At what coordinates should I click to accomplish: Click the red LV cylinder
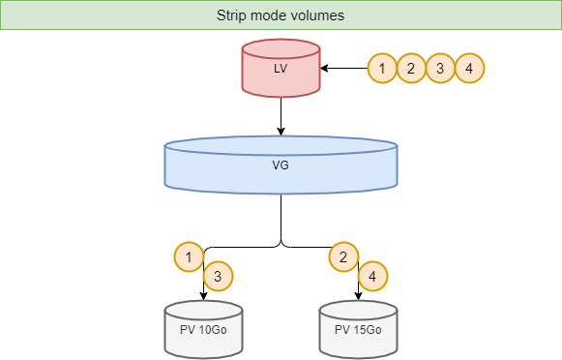pyautogui.click(x=281, y=69)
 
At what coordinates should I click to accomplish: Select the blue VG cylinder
pyautogui.click(x=281, y=164)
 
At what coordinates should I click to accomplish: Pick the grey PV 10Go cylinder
pyautogui.click(x=203, y=329)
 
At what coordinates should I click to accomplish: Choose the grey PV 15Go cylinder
pyautogui.click(x=358, y=329)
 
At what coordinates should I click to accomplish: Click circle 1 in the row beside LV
pyautogui.click(x=382, y=69)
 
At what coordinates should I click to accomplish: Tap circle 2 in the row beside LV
pyautogui.click(x=411, y=69)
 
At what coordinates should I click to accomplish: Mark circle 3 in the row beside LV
pyautogui.click(x=440, y=69)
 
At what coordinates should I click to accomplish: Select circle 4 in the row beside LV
pyautogui.click(x=469, y=69)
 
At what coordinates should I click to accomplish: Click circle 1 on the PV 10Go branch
pyautogui.click(x=189, y=256)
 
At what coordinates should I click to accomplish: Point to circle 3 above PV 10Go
pyautogui.click(x=219, y=277)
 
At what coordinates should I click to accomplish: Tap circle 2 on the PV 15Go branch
pyautogui.click(x=343, y=256)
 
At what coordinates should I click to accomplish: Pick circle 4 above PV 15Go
pyautogui.click(x=373, y=277)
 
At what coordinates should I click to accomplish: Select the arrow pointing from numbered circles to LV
pyautogui.click(x=344, y=69)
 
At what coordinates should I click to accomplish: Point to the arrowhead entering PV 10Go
pyautogui.click(x=203, y=295)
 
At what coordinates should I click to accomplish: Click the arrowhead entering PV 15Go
pyautogui.click(x=358, y=295)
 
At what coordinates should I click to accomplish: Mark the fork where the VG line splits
pyautogui.click(x=281, y=242)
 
